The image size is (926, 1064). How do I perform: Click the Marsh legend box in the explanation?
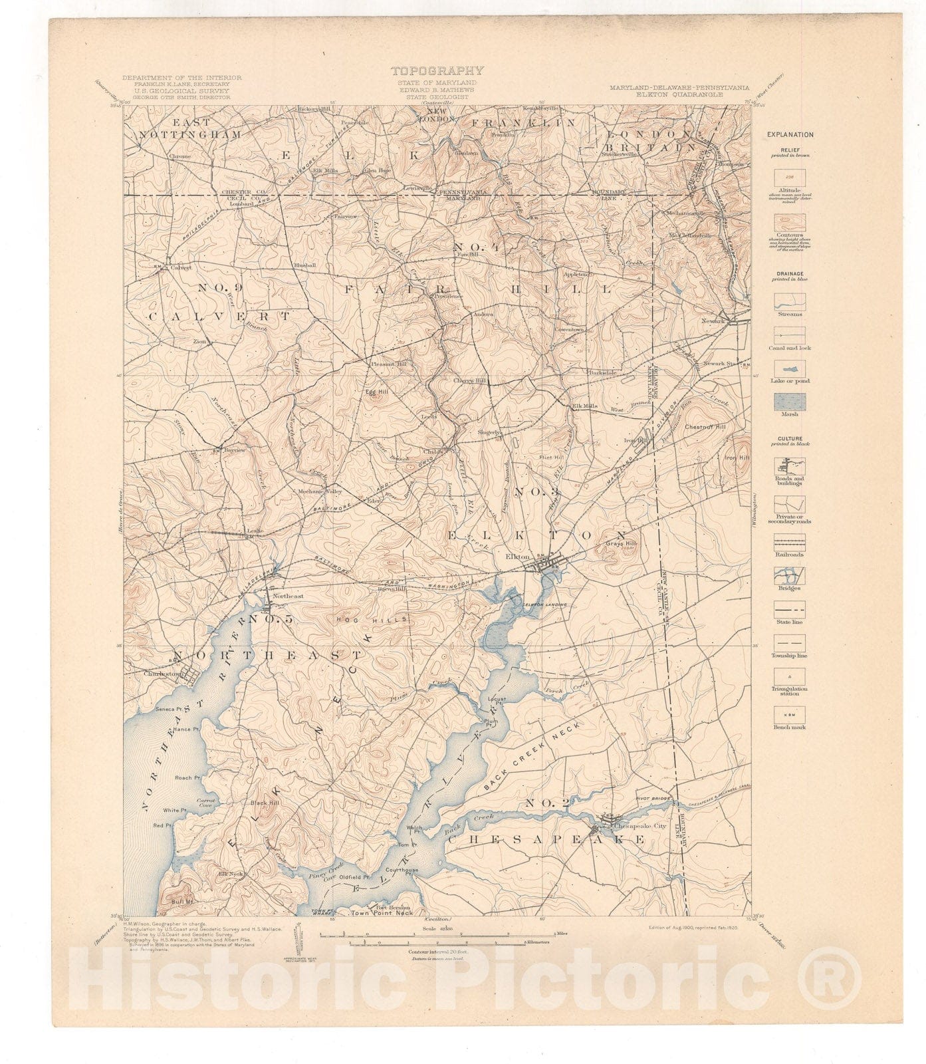(x=789, y=402)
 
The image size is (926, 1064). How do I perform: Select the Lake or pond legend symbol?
(x=789, y=368)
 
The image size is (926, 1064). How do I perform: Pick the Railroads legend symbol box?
(x=789, y=541)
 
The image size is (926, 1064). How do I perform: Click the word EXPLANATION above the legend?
(x=790, y=134)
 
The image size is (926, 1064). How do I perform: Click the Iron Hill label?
(x=737, y=458)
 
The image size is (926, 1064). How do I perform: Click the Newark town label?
(x=711, y=321)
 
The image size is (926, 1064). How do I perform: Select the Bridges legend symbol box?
(x=789, y=575)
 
